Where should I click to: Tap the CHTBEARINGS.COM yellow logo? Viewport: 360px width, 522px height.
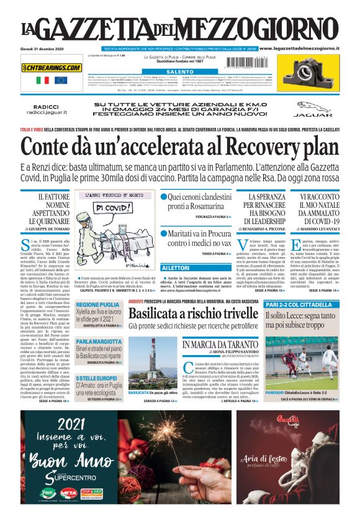[x=52, y=67]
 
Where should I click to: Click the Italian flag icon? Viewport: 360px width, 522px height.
[x=43, y=80]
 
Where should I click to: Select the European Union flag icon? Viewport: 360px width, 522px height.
[x=60, y=80]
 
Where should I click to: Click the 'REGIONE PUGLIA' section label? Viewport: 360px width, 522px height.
[x=98, y=305]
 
